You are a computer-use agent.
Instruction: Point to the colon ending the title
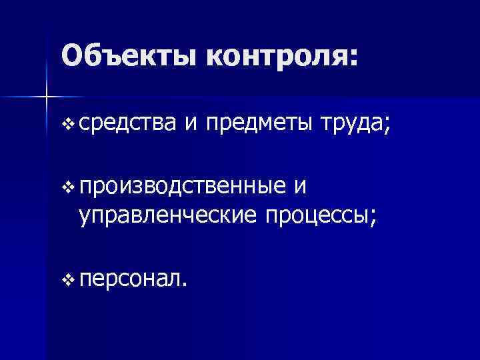(353, 59)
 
